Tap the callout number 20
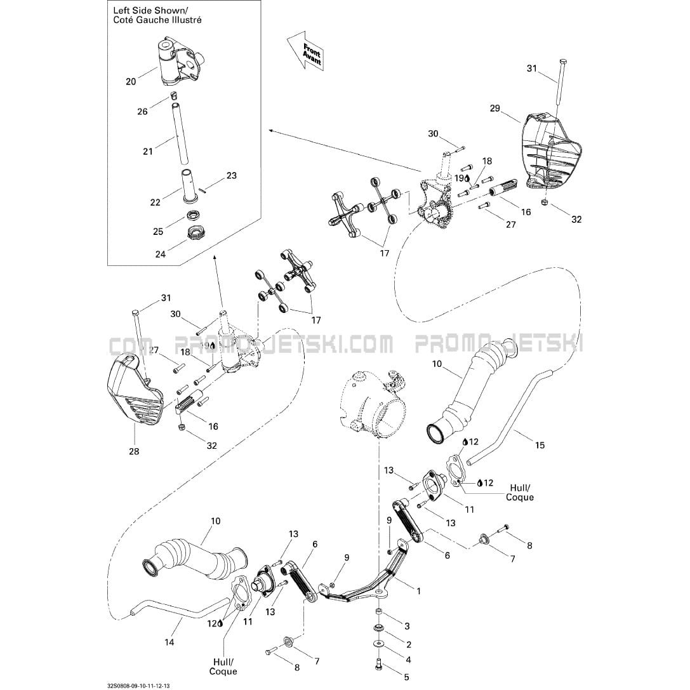tap(131, 81)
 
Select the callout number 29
tap(495, 109)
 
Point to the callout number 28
tap(134, 451)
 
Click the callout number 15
tap(540, 445)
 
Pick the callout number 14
tap(169, 642)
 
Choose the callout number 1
tap(418, 590)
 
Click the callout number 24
tap(160, 255)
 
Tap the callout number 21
tap(148, 151)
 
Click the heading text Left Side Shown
tap(150, 11)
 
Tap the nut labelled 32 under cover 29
tap(545, 202)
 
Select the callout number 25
tap(158, 232)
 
